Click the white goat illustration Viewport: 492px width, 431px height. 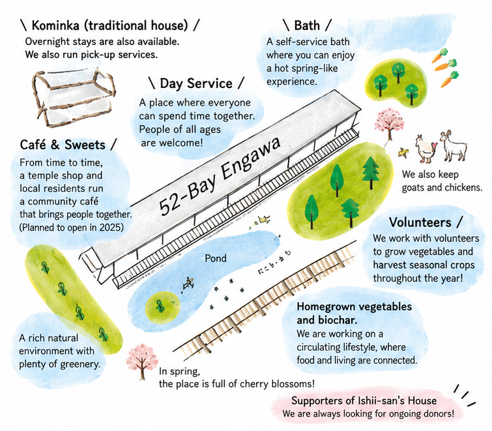click(x=453, y=146)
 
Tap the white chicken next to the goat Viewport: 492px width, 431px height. click(x=426, y=149)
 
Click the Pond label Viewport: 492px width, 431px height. click(x=216, y=258)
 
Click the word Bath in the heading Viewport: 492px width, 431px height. click(x=307, y=25)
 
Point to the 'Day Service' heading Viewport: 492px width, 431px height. click(x=196, y=83)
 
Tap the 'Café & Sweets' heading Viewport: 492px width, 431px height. click(x=63, y=145)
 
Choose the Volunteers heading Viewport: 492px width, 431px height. click(x=420, y=222)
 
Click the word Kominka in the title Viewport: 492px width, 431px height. click(x=55, y=25)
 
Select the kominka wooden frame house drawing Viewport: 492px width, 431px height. click(x=74, y=97)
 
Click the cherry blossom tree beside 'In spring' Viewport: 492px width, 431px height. click(x=142, y=362)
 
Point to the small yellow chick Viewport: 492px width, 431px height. click(x=403, y=153)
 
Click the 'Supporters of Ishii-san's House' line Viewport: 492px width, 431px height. click(x=364, y=400)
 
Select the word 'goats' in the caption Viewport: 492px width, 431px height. click(x=414, y=188)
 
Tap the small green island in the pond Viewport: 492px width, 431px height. click(x=160, y=306)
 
